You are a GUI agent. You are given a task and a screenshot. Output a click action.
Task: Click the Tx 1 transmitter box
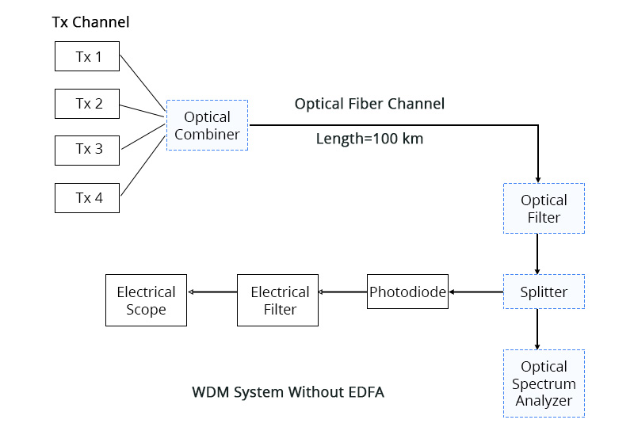87,57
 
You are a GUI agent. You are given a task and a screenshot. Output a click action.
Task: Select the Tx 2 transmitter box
87,104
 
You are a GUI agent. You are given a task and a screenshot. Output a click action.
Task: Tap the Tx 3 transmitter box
87,151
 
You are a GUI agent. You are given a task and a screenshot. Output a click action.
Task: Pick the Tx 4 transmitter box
87,197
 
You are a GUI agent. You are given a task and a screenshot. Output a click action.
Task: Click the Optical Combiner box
207,125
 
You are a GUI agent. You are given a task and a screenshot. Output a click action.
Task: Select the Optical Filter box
544,208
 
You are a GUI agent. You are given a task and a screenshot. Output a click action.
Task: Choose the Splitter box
544,292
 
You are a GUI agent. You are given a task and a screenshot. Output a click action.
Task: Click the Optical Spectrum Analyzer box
544,383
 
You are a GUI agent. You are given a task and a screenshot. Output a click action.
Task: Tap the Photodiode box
407,292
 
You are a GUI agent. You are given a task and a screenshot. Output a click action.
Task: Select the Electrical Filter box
277,300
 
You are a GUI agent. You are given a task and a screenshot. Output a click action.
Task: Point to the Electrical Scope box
146,300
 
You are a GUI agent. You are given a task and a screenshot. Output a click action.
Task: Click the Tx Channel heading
90,22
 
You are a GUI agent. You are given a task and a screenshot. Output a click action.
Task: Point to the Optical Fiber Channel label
369,104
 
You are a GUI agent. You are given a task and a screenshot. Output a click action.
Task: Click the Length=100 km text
369,139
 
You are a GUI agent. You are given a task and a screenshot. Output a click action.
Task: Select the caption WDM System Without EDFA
288,392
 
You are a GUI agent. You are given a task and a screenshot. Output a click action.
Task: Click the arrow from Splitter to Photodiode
475,292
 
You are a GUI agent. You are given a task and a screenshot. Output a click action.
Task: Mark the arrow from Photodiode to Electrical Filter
342,292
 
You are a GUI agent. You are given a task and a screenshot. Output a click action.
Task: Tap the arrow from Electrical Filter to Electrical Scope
212,292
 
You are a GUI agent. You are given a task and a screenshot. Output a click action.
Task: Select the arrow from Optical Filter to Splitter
538,254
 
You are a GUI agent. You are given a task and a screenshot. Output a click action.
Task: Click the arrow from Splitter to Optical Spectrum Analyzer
538,329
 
